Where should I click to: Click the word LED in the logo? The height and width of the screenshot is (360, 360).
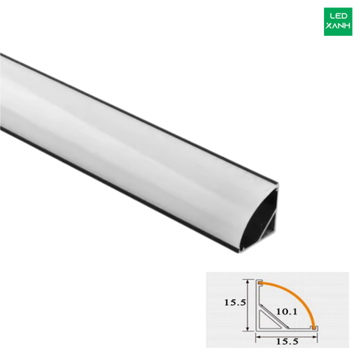[338, 16]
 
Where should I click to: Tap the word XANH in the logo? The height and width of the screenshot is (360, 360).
[338, 25]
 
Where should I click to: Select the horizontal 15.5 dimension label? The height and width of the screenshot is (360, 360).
[287, 341]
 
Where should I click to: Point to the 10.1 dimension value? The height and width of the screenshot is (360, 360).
[286, 312]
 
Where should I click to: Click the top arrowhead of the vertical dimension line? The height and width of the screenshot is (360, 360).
[247, 282]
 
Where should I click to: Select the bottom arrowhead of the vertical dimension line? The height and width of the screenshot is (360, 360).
[247, 328]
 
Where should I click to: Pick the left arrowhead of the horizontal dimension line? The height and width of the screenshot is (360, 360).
[258, 337]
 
